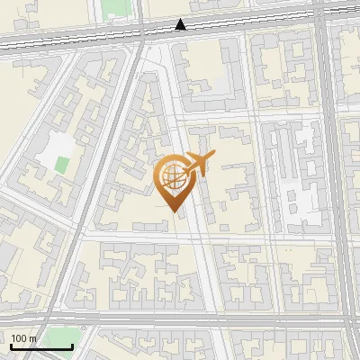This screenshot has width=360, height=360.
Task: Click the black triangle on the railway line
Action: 181,24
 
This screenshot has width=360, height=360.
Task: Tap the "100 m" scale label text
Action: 23,338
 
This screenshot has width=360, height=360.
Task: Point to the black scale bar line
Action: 41,347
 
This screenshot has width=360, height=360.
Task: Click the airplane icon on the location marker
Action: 198,163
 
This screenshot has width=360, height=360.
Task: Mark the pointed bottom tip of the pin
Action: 174,211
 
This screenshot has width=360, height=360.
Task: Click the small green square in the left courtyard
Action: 61,165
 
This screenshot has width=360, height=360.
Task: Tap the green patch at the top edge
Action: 112,8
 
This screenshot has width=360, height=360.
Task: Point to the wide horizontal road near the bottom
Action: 180,320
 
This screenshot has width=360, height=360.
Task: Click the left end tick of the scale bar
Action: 11,346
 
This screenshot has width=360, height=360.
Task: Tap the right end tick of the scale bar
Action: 72,346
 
